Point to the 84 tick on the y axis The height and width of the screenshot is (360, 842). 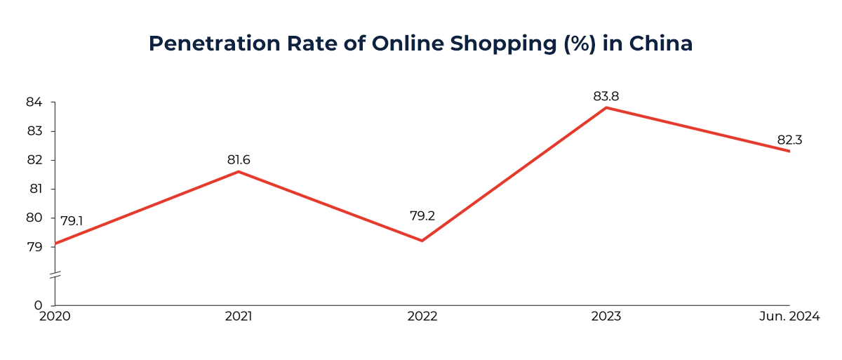(x=34, y=102)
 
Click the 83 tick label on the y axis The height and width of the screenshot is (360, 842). (x=34, y=131)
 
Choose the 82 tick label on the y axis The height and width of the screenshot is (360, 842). (x=34, y=160)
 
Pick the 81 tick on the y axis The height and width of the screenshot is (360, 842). (x=34, y=189)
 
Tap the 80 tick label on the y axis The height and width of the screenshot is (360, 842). (x=34, y=218)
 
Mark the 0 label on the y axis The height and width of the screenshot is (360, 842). (x=38, y=305)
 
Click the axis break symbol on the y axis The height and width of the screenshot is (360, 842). (x=55, y=275)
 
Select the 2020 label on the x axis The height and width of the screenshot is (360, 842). (x=54, y=317)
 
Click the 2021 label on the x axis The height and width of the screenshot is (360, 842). (x=239, y=317)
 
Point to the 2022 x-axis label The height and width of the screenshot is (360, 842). (x=422, y=317)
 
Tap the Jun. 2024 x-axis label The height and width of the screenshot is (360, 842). (x=789, y=317)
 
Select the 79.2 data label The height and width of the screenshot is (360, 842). (x=422, y=216)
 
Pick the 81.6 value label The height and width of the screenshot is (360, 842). (x=239, y=160)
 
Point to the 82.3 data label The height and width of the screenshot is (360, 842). (x=789, y=140)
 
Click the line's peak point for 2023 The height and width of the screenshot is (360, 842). (x=606, y=107)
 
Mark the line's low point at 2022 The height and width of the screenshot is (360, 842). (x=422, y=241)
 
